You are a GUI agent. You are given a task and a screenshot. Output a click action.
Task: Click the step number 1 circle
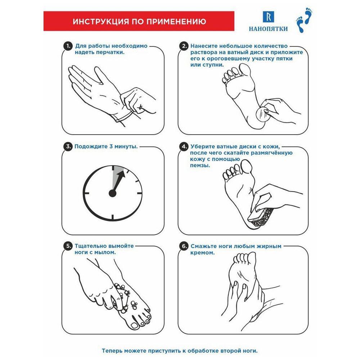[68, 46]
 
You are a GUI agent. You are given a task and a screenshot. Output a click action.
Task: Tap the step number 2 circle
[184, 46]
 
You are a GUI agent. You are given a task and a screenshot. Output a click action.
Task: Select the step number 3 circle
[68, 147]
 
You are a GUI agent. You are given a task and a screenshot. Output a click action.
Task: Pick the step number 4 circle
[184, 147]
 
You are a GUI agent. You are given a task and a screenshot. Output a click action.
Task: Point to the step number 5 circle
[68, 246]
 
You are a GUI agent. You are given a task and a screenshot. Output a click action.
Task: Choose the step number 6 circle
[184, 246]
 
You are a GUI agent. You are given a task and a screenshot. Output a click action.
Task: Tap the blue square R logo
[268, 17]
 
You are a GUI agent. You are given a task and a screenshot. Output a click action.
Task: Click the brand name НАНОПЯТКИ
[268, 29]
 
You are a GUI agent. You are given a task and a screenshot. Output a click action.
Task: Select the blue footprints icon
[304, 20]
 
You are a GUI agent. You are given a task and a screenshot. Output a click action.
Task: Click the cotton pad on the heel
[263, 114]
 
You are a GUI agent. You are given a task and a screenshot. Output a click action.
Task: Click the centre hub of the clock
[112, 193]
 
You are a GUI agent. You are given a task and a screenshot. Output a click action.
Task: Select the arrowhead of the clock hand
[122, 174]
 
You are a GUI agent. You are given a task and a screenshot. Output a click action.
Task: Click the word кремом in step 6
[202, 253]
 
